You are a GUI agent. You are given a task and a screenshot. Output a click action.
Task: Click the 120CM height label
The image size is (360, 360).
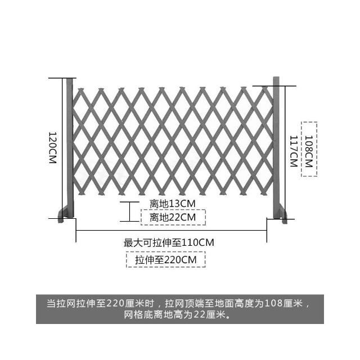click(52, 147)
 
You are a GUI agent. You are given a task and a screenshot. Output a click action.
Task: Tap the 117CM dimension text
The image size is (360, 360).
click(294, 151)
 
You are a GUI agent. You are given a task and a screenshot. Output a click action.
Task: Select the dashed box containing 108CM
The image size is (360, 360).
click(309, 149)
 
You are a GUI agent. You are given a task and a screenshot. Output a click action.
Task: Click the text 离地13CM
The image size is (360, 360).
click(173, 204)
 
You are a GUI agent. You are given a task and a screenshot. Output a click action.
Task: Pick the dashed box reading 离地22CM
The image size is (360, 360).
click(173, 217)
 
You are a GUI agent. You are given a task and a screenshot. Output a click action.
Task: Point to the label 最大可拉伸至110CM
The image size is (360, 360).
click(169, 242)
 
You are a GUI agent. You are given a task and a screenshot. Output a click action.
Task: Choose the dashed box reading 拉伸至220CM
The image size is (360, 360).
click(166, 260)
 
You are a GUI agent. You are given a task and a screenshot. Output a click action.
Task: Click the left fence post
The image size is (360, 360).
click(70, 148)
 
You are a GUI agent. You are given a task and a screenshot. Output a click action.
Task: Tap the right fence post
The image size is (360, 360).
click(276, 147)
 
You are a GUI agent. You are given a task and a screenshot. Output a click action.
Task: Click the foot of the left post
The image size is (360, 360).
click(63, 215)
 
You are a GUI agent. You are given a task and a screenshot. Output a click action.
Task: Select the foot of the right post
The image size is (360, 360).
click(283, 214)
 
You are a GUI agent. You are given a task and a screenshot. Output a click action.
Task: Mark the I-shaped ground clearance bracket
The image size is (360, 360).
click(129, 211)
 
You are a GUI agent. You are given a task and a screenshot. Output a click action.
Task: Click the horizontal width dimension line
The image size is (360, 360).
click(171, 230)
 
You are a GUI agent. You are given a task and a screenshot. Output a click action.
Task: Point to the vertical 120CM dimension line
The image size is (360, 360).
click(62, 148)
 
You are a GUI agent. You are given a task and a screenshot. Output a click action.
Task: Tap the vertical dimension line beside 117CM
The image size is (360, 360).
click(285, 152)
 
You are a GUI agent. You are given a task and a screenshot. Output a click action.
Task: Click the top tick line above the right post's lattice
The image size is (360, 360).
click(274, 86)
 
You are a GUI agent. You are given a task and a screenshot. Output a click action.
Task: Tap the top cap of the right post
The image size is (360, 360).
click(276, 78)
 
